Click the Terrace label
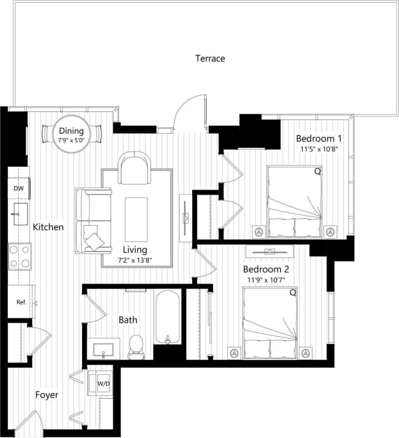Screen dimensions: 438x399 coord(210,58)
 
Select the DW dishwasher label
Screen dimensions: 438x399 coord(18,188)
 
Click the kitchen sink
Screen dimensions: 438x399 coord(20,213)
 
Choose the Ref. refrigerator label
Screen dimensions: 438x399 coord(21,302)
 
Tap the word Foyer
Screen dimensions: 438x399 coord(47,395)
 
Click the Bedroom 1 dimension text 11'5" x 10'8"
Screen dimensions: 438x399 coord(319,149)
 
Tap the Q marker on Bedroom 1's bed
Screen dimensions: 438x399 coord(317,172)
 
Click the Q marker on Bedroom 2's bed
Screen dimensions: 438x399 coord(292,293)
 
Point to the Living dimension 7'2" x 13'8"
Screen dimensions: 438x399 coord(135,260)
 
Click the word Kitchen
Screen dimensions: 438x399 coord(49,227)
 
